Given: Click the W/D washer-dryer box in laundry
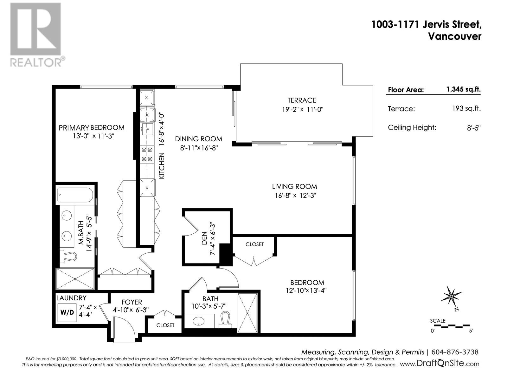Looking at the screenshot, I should click(x=67, y=312).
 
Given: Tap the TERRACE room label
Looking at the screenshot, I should click(x=302, y=100).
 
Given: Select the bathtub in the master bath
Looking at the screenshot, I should click(x=75, y=196).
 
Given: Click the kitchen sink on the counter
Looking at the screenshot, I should click(x=147, y=129).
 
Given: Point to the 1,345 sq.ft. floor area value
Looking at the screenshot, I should click(x=463, y=89).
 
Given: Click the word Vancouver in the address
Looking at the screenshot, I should click(x=454, y=36).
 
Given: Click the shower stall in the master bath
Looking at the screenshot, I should click(x=75, y=279).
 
